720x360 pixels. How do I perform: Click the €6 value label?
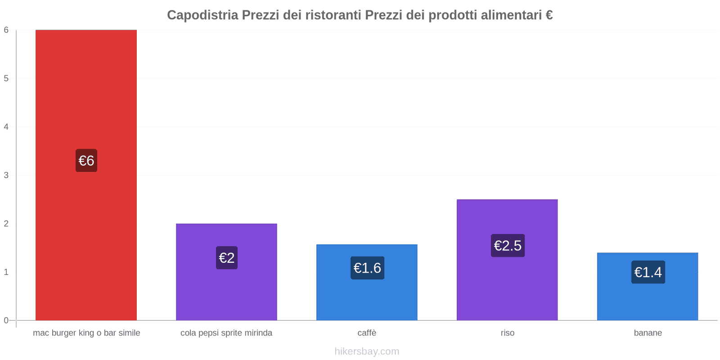[x=86, y=161]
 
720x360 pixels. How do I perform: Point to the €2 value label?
[x=227, y=258]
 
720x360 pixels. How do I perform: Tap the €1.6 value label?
[x=367, y=268]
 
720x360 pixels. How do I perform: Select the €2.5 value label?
[x=508, y=246]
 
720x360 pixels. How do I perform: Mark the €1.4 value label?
[x=648, y=272]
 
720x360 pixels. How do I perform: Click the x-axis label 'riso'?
[x=508, y=333]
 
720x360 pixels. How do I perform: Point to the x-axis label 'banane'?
[x=648, y=333]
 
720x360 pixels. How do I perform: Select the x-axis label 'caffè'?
[x=367, y=333]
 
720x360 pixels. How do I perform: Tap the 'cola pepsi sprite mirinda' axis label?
[x=226, y=333]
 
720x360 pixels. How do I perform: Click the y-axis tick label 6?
[x=6, y=30]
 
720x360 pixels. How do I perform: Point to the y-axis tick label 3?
[x=6, y=175]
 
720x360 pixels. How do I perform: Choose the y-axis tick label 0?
[x=6, y=320]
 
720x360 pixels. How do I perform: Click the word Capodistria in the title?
[x=202, y=15]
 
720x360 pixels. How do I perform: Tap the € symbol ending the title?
[x=549, y=15]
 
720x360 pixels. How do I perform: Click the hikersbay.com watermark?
[x=367, y=351]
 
